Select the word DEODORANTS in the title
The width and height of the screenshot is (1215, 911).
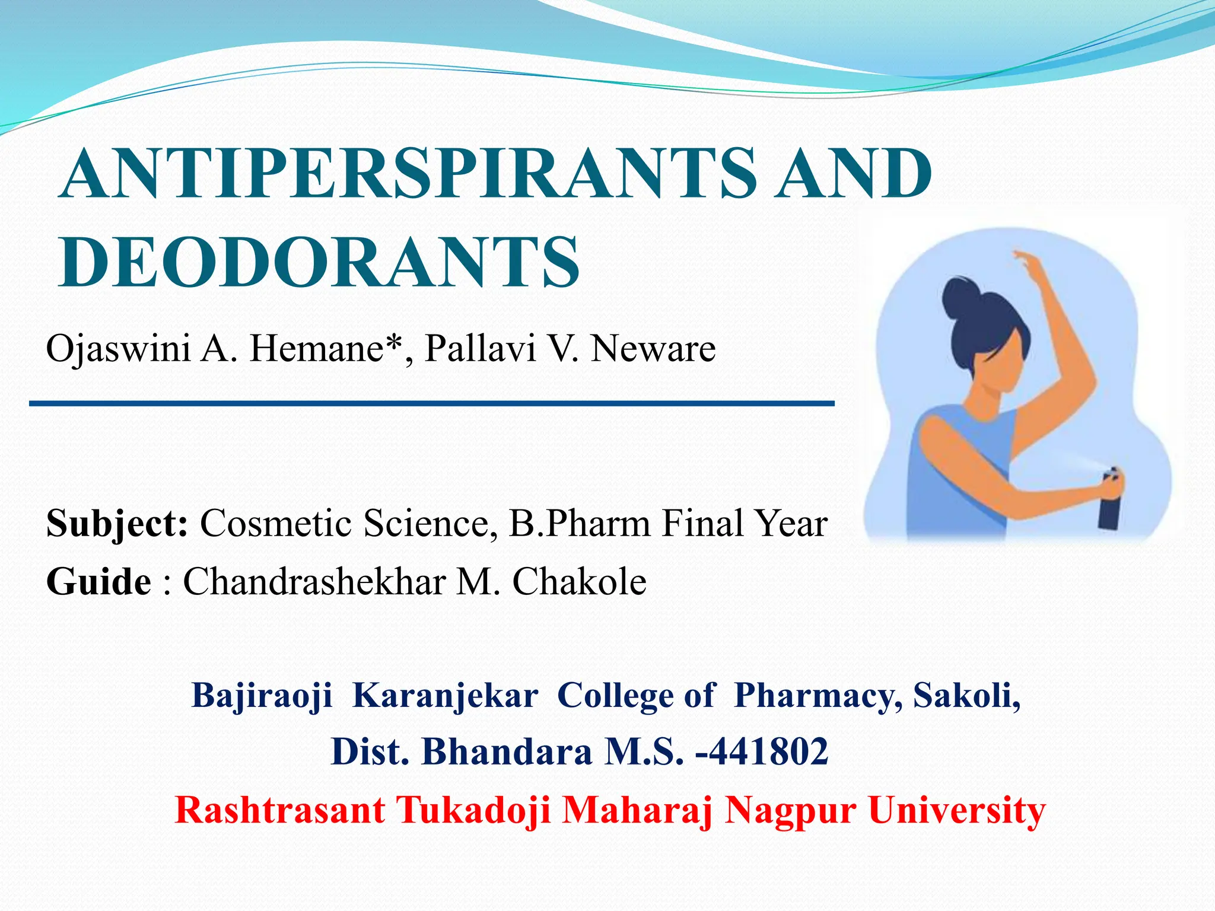(x=319, y=262)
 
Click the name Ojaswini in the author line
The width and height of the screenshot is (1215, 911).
(x=118, y=349)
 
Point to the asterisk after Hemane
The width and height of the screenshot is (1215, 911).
(x=393, y=343)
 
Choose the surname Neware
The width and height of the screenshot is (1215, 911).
(x=653, y=349)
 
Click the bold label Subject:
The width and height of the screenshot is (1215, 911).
(x=117, y=524)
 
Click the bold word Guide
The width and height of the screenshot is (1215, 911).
(x=98, y=581)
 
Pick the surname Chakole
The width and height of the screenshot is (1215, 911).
(x=579, y=581)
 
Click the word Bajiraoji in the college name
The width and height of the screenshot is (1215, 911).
(x=262, y=696)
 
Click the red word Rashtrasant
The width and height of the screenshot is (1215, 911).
(x=279, y=810)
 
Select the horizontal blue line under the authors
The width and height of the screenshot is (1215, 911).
(x=432, y=404)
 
